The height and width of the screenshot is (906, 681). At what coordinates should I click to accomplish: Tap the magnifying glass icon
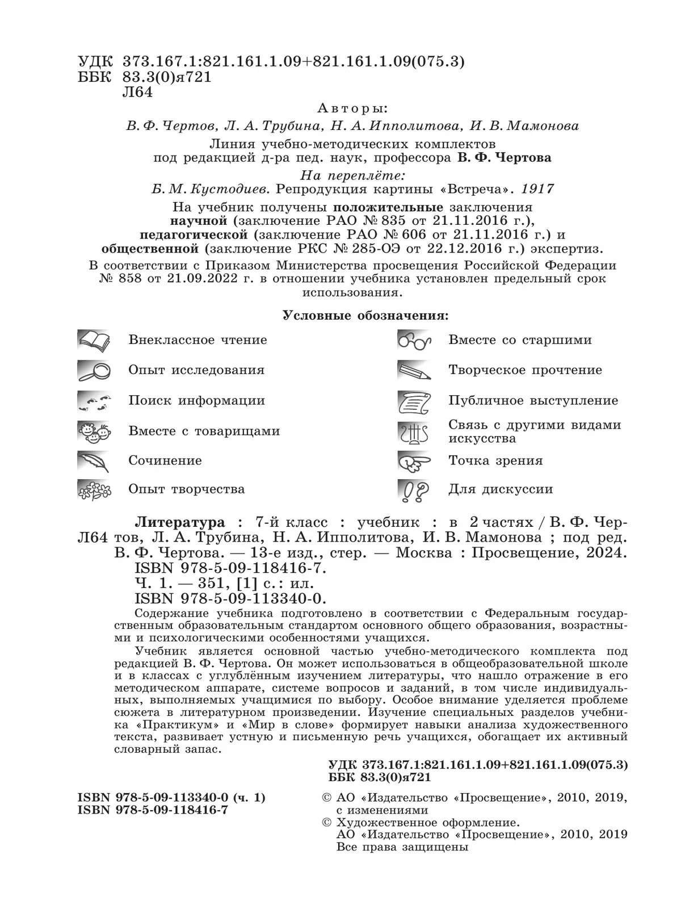(94, 370)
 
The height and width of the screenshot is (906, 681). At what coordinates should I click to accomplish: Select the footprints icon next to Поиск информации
(94, 401)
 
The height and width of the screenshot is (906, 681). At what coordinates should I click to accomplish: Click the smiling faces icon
(94, 431)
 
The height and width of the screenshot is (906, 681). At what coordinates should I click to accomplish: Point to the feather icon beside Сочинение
(94, 461)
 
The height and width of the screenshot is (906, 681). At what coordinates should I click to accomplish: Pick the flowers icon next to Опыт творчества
(94, 489)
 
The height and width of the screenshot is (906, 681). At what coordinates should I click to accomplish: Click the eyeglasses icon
(414, 340)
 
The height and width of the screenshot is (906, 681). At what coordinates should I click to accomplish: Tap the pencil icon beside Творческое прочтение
(414, 370)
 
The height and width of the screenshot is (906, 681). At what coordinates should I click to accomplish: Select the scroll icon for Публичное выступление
(414, 401)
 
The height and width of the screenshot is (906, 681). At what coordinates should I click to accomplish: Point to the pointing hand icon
(414, 461)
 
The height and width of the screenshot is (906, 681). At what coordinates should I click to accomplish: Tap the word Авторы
(352, 108)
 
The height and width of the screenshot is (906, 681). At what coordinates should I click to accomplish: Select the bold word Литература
(179, 522)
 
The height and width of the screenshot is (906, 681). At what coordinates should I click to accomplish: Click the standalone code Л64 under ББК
(137, 93)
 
